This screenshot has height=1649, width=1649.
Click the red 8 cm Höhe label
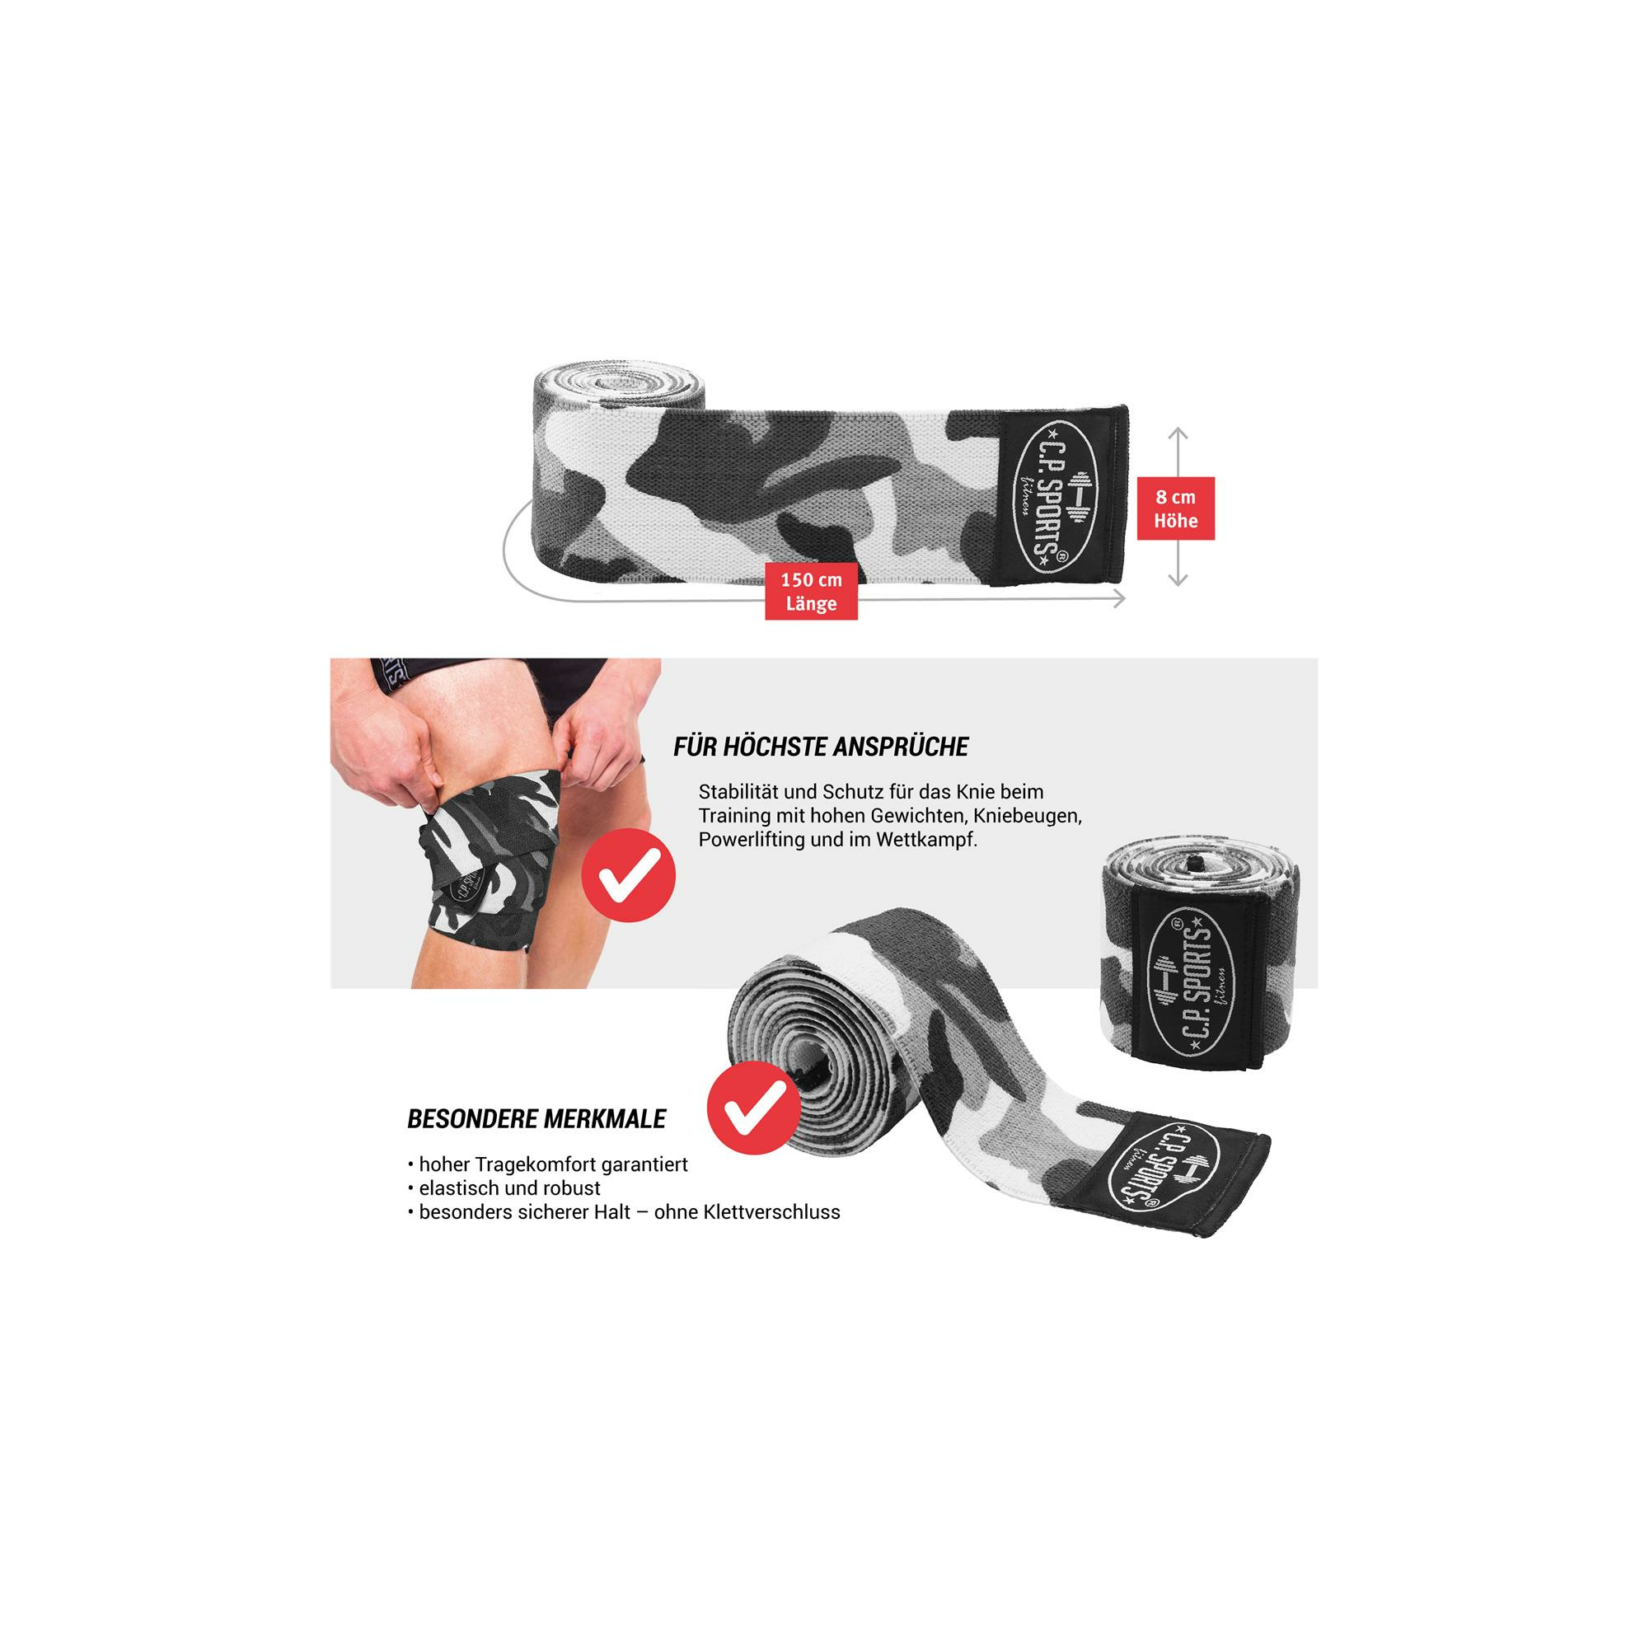pyautogui.click(x=1175, y=508)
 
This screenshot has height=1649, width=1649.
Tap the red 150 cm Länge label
pyautogui.click(x=811, y=592)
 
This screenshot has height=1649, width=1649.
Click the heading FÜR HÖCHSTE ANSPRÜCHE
pyautogui.click(x=821, y=747)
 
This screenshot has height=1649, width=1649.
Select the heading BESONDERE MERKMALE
pyautogui.click(x=536, y=1119)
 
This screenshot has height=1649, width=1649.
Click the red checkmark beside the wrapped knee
pyautogui.click(x=628, y=874)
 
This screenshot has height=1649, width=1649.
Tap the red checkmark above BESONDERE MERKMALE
pyautogui.click(x=754, y=1108)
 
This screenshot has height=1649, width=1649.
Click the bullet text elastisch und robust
pyautogui.click(x=509, y=1188)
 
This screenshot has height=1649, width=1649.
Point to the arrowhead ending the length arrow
pyautogui.click(x=1118, y=599)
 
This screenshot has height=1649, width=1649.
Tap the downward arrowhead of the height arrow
pyautogui.click(x=1178, y=579)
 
